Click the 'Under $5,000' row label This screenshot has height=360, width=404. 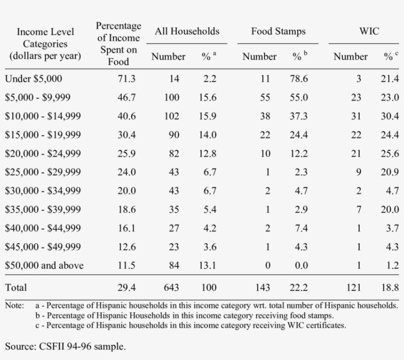(x=34, y=79)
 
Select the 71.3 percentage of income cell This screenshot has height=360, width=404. (x=126, y=79)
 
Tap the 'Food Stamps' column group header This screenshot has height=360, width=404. (x=278, y=32)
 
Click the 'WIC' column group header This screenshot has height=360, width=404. (x=370, y=32)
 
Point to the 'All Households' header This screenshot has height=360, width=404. (x=187, y=32)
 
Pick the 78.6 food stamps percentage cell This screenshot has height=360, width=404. (x=299, y=79)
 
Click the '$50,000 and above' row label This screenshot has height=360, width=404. (x=44, y=266)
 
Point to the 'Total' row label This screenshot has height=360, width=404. (x=16, y=288)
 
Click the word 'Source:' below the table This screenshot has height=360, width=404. (x=19, y=347)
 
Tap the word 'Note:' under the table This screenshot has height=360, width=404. (x=14, y=306)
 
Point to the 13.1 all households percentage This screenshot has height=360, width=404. (x=207, y=266)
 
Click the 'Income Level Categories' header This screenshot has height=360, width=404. (x=45, y=44)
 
